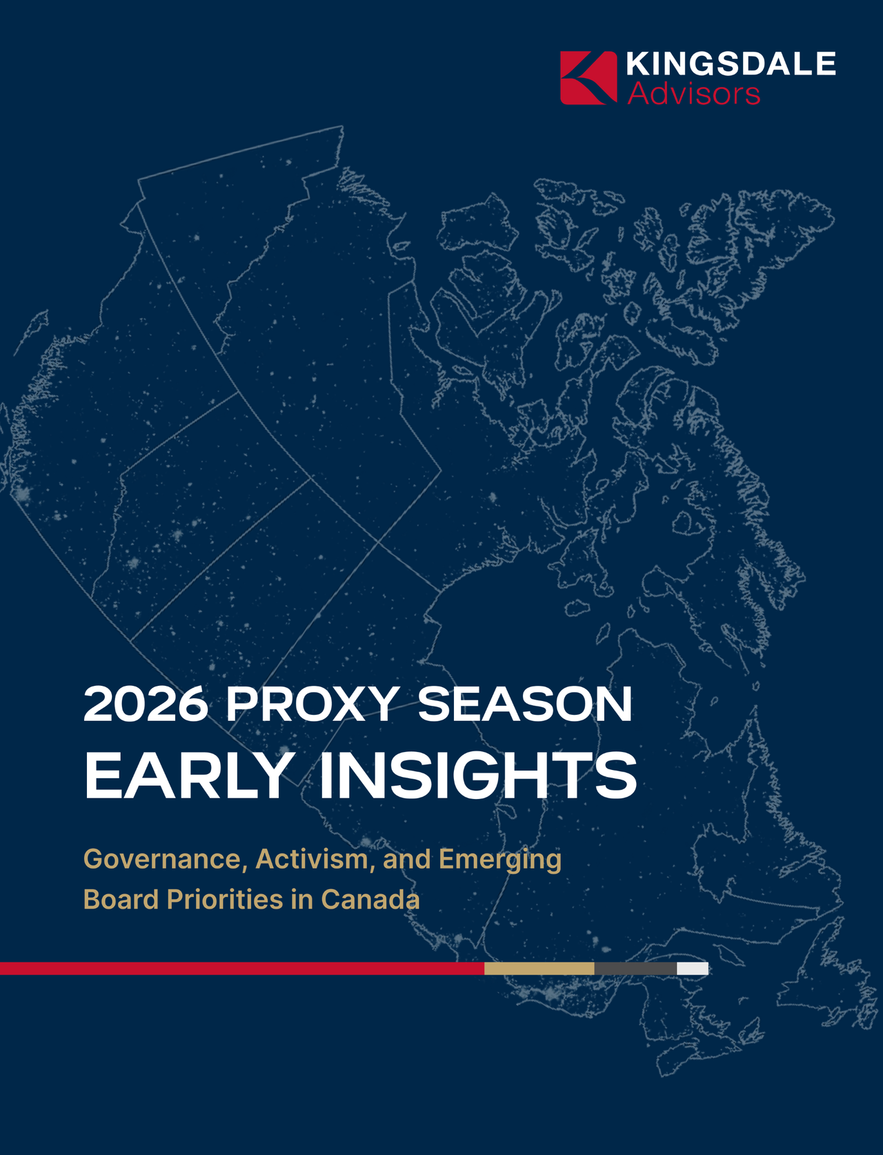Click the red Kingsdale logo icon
(588, 78)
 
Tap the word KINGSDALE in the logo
(731, 63)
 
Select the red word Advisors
(694, 94)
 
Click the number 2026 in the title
(146, 704)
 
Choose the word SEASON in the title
(524, 704)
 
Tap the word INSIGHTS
(477, 775)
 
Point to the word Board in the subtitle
(121, 900)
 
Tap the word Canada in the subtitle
(370, 900)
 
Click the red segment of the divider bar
(242, 968)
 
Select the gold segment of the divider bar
(539, 968)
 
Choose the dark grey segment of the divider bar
(635, 968)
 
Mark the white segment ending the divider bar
(693, 968)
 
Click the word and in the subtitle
(406, 860)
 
